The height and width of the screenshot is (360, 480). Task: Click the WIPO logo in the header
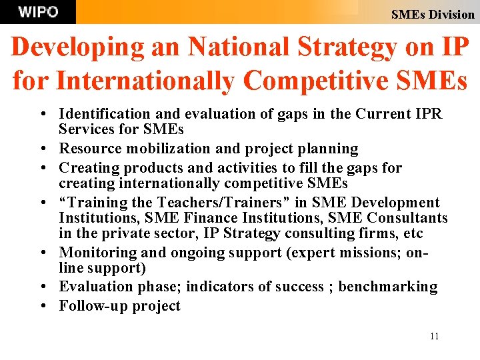pyautogui.click(x=38, y=11)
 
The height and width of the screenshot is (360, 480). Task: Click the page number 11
pyautogui.click(x=434, y=336)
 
